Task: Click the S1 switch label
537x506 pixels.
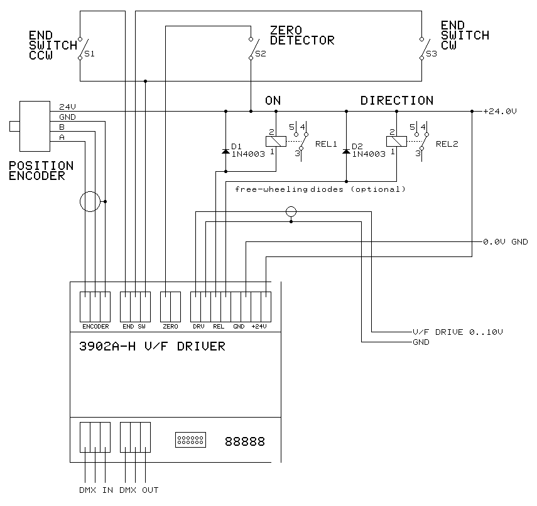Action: click(x=90, y=55)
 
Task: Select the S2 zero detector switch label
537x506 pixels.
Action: click(x=260, y=55)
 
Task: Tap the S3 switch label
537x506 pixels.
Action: click(x=431, y=55)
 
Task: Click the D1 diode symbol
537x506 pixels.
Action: click(x=225, y=152)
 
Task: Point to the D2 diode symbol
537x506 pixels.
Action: click(x=346, y=152)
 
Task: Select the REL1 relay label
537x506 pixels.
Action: click(x=325, y=144)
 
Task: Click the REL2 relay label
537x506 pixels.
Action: click(x=447, y=144)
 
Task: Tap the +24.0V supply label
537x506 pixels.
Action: click(x=499, y=112)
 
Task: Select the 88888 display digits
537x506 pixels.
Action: click(x=244, y=442)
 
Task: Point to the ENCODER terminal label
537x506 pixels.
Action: click(x=95, y=327)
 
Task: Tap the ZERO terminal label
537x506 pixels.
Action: click(x=170, y=327)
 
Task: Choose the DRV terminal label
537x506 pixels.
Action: click(x=198, y=327)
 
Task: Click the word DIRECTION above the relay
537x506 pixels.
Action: click(x=396, y=100)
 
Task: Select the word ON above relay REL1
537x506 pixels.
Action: click(x=273, y=100)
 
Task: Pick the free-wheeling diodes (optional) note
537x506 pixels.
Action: click(x=320, y=189)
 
